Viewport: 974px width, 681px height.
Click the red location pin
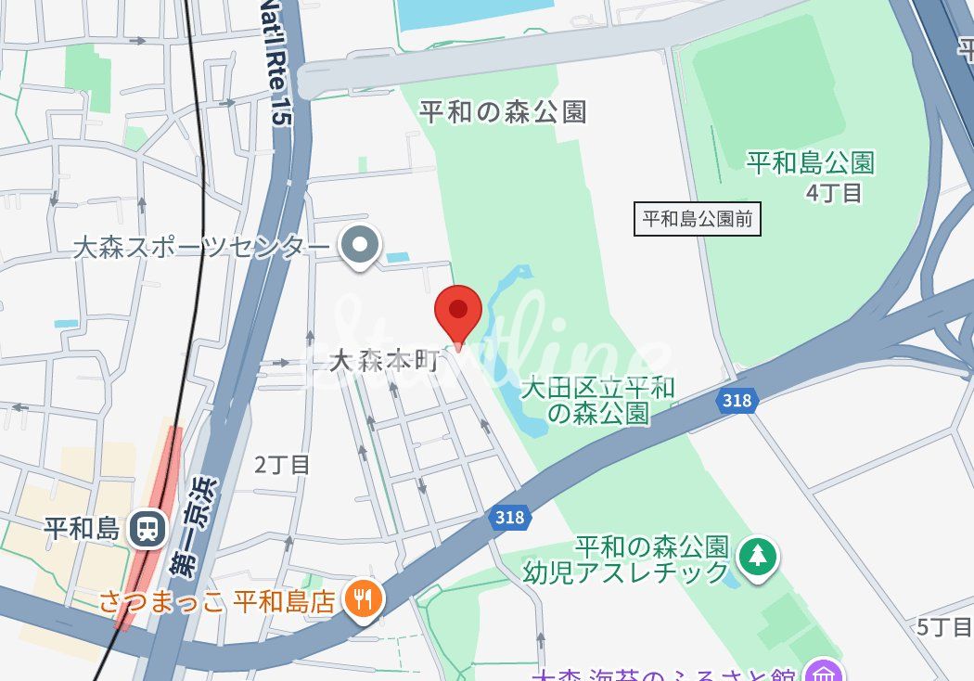tap(458, 311)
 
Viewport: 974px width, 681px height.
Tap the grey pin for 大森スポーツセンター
tap(360, 246)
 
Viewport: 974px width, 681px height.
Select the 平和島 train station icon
tap(147, 529)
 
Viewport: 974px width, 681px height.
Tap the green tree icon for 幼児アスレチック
tap(759, 555)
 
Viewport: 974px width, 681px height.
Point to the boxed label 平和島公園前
tap(698, 219)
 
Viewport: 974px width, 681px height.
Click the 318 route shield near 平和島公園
tap(737, 400)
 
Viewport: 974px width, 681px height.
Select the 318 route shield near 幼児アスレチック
tap(509, 518)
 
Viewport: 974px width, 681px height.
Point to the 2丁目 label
tap(283, 464)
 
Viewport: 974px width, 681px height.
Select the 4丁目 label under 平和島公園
tap(835, 193)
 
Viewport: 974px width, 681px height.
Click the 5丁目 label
tap(942, 627)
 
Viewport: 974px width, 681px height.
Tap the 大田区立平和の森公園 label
tap(597, 400)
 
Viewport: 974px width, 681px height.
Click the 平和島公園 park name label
tap(811, 164)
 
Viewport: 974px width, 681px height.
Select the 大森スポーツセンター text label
tap(201, 247)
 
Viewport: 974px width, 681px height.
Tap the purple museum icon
tap(821, 672)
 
